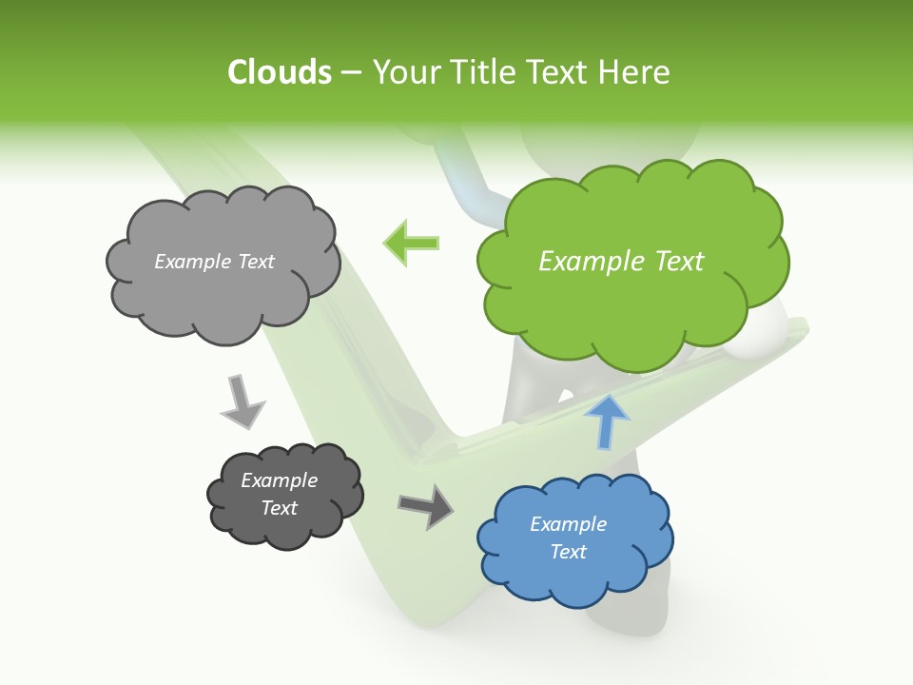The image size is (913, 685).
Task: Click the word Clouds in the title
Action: tap(280, 72)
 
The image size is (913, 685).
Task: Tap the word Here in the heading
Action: tap(636, 72)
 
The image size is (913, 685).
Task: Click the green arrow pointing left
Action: tap(411, 243)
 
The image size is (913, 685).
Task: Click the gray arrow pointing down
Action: tap(242, 401)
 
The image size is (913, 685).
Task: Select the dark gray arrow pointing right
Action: tap(426, 505)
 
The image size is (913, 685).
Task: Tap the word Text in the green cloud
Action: tap(679, 262)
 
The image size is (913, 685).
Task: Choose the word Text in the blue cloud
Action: tap(569, 552)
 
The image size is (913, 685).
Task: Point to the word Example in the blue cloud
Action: tap(568, 524)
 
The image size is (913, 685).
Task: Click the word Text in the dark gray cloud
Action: tap(280, 508)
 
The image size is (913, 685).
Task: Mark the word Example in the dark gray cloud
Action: tap(280, 480)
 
